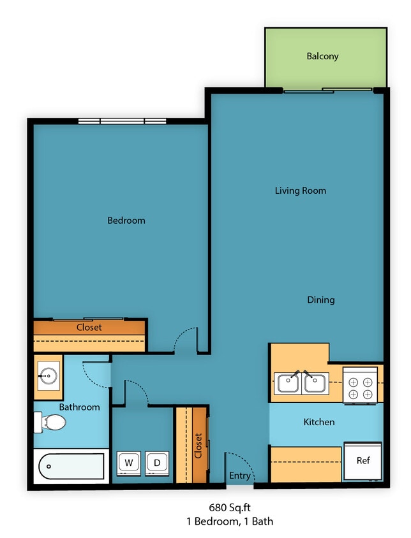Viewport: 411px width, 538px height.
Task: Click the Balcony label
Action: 322,56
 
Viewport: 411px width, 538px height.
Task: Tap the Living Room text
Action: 300,191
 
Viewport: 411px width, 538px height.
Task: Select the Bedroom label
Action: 126,221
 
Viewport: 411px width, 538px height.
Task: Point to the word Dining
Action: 320,300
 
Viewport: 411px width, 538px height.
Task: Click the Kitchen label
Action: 318,422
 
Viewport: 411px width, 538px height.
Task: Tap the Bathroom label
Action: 79,407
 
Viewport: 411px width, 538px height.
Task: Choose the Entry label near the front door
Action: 240,476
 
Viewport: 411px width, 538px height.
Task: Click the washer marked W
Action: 128,462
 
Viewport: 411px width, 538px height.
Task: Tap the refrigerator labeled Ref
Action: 362,461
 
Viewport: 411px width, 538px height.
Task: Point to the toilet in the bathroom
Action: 50,422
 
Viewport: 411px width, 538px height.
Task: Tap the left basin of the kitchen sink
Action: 288,384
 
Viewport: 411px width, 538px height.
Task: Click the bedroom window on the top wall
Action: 122,121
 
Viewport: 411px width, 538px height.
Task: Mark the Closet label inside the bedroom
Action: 89,328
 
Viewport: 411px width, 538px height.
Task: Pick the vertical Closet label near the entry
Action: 198,446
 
